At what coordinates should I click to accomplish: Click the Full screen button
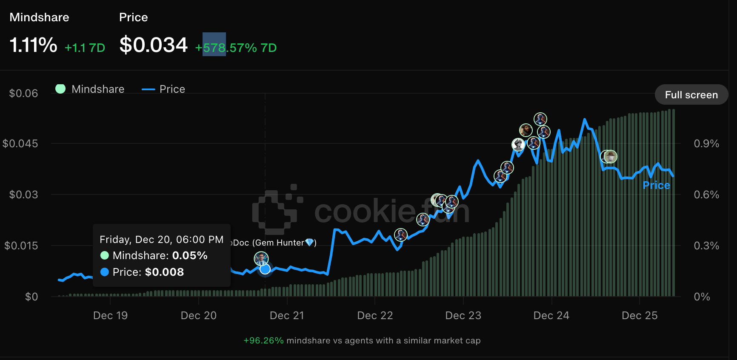point(691,95)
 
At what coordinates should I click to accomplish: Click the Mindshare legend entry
point(90,89)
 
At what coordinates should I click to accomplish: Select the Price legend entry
point(164,89)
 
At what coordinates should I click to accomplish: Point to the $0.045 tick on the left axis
point(20,143)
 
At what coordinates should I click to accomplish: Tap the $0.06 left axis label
point(23,93)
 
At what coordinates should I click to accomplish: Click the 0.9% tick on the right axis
point(706,143)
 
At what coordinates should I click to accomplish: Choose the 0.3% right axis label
point(706,246)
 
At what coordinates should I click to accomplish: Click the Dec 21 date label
point(287,315)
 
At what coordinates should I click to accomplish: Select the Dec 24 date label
point(551,315)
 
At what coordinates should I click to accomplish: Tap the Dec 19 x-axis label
point(110,315)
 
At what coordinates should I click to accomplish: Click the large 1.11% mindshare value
point(33,45)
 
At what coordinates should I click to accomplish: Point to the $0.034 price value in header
point(153,45)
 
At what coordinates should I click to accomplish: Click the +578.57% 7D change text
point(236,48)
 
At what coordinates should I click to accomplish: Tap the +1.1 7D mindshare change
point(85,48)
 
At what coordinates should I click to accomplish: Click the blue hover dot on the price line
point(265,269)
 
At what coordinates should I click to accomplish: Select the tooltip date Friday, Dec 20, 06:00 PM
point(161,240)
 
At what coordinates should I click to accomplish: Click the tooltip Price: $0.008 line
point(142,272)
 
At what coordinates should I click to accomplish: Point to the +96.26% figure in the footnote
point(263,340)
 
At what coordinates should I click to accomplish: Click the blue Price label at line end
point(656,185)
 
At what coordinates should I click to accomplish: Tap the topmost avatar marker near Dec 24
point(540,119)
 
